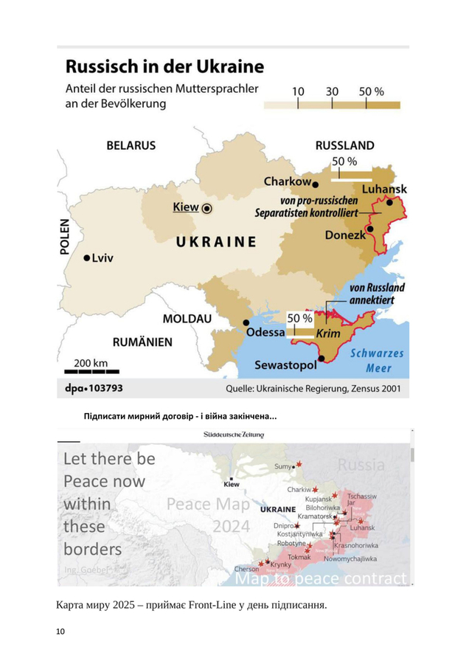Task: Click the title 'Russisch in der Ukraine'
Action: tap(164, 67)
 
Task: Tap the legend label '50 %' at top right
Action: tap(372, 91)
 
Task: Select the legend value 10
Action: tap(298, 91)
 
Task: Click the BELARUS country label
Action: tap(131, 145)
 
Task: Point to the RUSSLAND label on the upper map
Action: tap(344, 145)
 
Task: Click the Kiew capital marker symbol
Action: tap(207, 208)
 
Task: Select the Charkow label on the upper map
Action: tap(287, 181)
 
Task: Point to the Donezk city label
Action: tap(344, 235)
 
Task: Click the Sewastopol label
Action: tap(285, 365)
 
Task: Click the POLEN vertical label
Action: tap(64, 236)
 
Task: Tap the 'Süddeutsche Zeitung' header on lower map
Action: tap(233, 435)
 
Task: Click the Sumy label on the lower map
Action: tap(282, 466)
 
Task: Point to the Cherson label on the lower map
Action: tap(246, 569)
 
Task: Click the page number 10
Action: tap(60, 632)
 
